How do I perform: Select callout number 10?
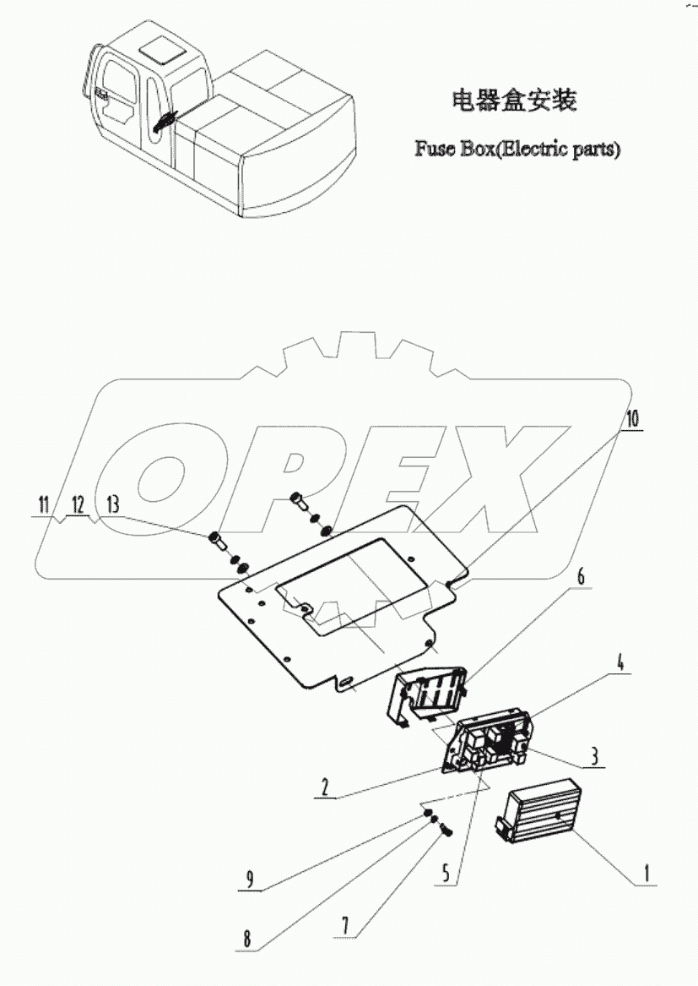(x=633, y=418)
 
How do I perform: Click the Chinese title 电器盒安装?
(x=515, y=101)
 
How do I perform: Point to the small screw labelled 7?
(x=446, y=832)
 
